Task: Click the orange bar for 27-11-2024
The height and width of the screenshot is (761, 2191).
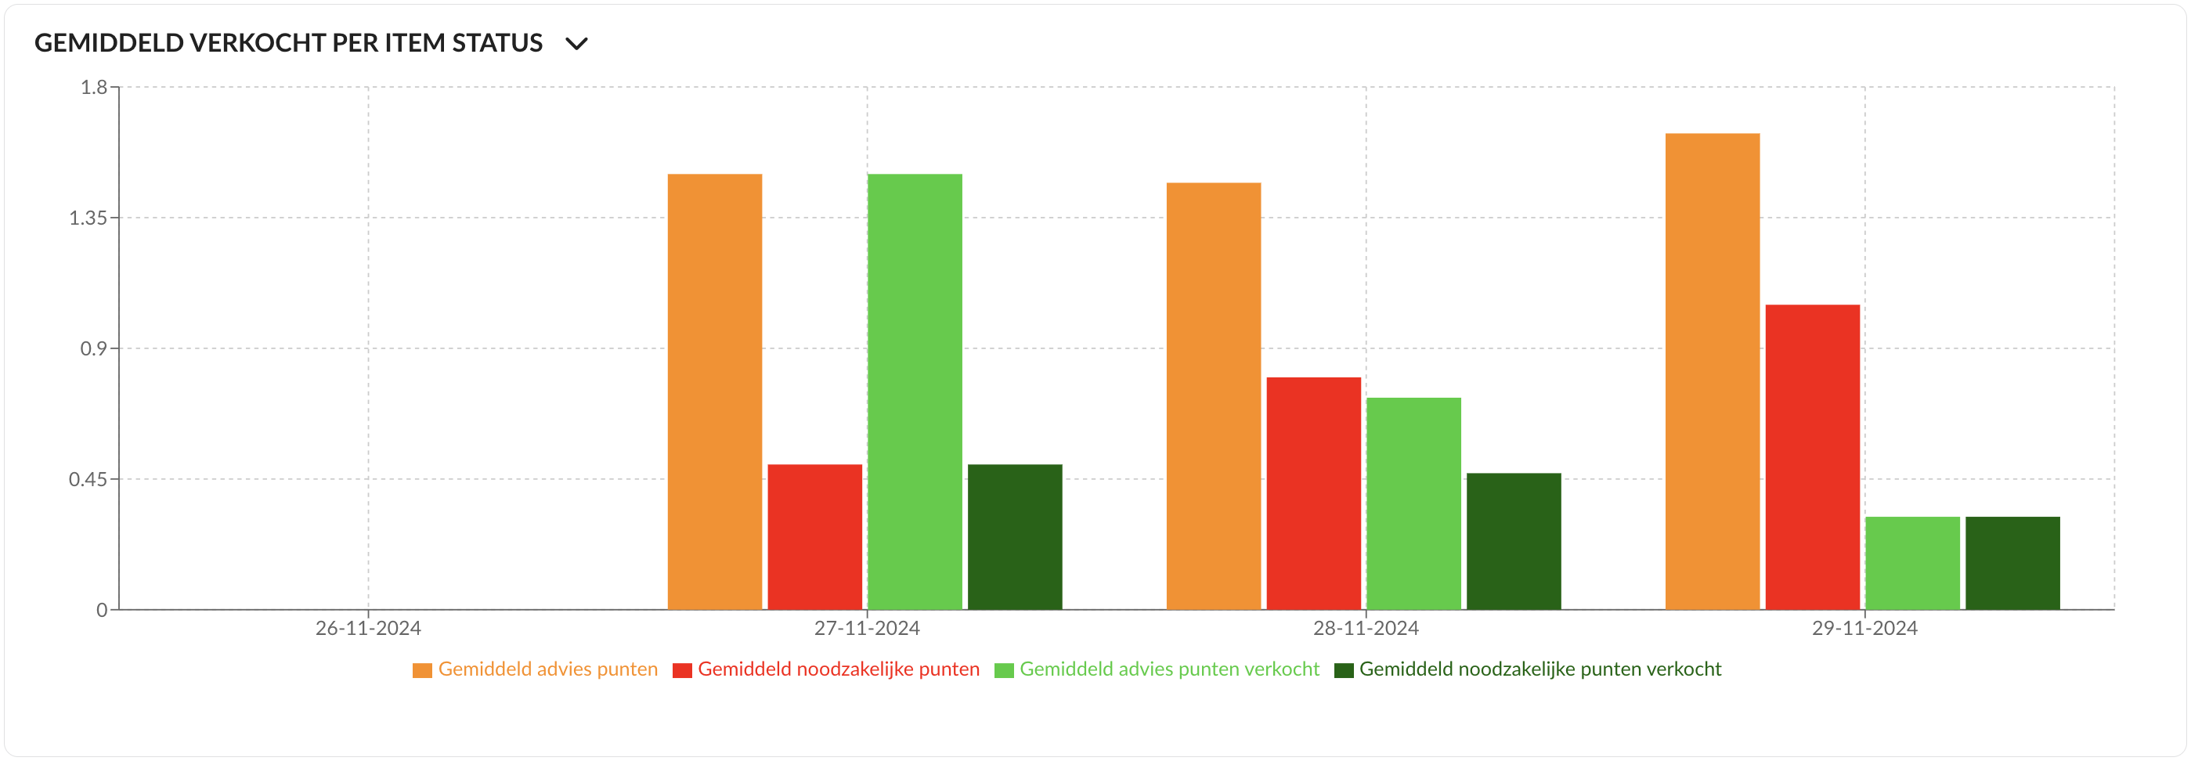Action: pos(714,391)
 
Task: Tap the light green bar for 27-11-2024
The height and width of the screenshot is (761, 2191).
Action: pos(915,391)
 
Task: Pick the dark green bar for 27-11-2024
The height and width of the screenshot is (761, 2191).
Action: pos(1015,536)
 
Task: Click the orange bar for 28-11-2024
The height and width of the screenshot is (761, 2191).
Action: pos(1214,395)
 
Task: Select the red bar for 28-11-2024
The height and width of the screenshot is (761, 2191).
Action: pos(1313,493)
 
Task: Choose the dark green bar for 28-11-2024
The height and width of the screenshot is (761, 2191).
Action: pos(1514,541)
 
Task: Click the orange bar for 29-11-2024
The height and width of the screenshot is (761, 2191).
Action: pos(1712,371)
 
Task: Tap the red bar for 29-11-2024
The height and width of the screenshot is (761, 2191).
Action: pos(1813,456)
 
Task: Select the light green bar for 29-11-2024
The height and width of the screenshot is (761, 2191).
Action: pos(1913,563)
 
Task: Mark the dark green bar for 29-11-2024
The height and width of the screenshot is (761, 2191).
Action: pos(2012,563)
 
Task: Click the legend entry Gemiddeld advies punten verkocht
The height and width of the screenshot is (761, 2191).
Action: pos(1168,669)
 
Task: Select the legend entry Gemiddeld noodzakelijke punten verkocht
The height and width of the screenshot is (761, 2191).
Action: pos(1539,669)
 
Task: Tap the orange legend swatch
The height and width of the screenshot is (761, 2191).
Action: pos(422,670)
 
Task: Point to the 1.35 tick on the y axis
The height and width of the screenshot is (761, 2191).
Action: pos(88,218)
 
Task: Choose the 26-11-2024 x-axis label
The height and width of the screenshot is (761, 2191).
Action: pos(367,629)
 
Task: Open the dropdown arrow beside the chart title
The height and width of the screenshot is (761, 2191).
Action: pos(576,43)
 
